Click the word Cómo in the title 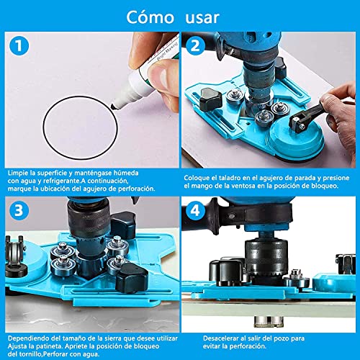pos(150,17)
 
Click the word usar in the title pos(202,18)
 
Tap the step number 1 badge pos(19,46)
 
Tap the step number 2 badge pos(195,45)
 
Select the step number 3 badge pos(19,211)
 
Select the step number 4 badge pos(195,211)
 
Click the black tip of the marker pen pos(114,107)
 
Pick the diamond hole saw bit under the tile pos(269,322)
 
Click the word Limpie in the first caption pos(17,174)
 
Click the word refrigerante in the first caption pos(61,181)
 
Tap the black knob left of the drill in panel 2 pos(211,99)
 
